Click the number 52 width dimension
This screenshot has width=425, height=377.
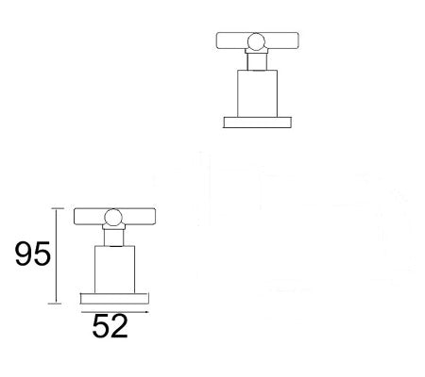click(x=110, y=326)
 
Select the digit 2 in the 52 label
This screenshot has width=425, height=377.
click(x=119, y=326)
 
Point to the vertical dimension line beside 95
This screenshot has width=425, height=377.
click(x=58, y=254)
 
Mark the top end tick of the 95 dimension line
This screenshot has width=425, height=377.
click(x=58, y=208)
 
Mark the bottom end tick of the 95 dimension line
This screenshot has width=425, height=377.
click(x=58, y=303)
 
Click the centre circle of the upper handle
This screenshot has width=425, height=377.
click(x=255, y=41)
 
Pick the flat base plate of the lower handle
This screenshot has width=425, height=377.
click(x=113, y=296)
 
